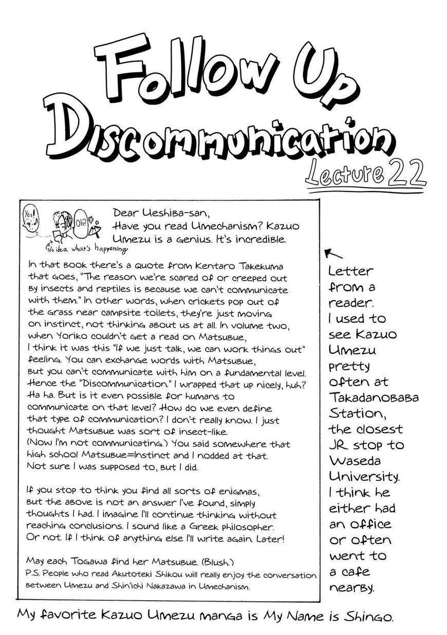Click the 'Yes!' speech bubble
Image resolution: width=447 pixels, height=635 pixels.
[30, 212]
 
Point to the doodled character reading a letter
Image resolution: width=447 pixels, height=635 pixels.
[61, 226]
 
